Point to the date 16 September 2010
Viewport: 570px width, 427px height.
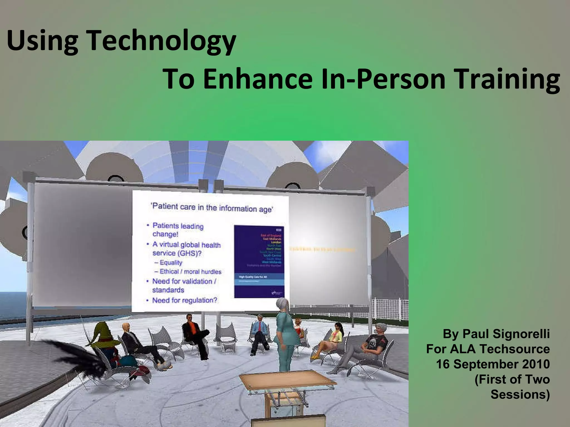(x=493, y=364)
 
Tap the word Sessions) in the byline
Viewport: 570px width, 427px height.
(x=520, y=394)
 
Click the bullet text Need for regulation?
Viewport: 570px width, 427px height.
(x=185, y=300)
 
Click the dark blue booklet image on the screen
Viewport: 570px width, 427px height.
(x=259, y=261)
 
